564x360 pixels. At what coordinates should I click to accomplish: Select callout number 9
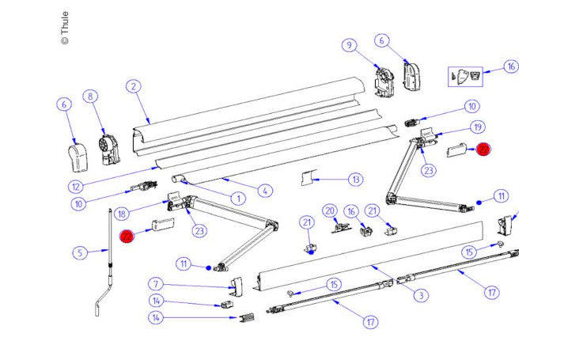(348, 45)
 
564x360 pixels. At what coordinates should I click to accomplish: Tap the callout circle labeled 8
(91, 97)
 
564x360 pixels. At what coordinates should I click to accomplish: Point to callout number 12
(76, 188)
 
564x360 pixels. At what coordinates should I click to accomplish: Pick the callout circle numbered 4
(265, 190)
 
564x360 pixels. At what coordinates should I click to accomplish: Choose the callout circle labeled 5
(79, 253)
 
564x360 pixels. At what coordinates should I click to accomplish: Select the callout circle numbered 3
(422, 295)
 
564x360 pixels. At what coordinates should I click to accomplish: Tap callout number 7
(157, 283)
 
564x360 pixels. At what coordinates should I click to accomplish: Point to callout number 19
(477, 127)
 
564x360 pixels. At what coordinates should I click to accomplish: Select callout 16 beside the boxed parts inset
(511, 66)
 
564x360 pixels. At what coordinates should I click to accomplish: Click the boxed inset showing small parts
(465, 75)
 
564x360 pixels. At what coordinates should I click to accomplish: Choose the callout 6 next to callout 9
(381, 40)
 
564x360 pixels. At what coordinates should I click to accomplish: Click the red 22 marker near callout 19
(483, 150)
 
